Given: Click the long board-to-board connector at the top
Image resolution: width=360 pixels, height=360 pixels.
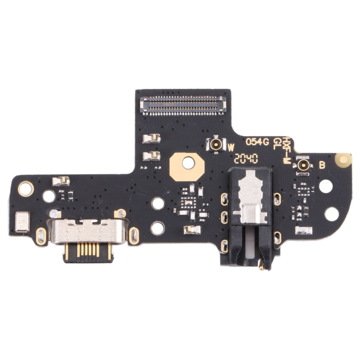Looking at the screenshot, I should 181,101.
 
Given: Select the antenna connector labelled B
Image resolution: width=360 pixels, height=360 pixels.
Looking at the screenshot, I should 303,165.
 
